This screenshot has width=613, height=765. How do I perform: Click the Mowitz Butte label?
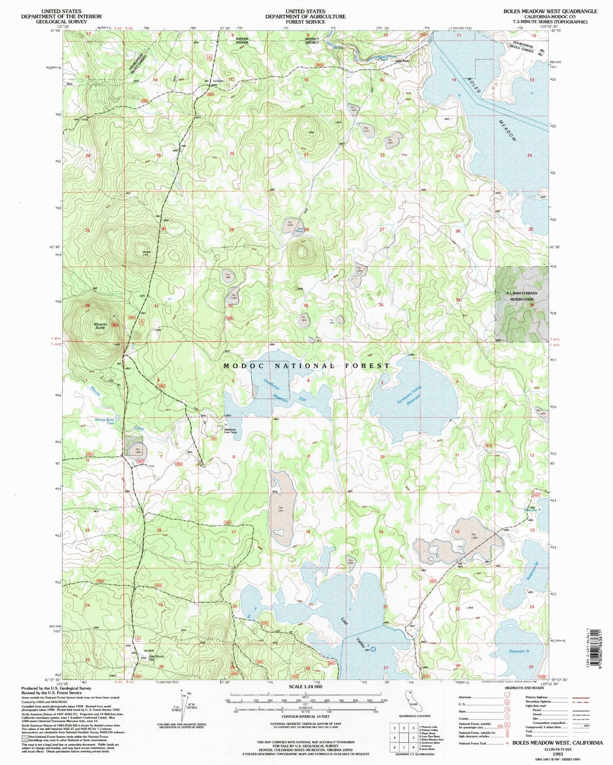(x=100, y=326)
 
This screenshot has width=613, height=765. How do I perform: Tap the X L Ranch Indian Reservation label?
(x=521, y=296)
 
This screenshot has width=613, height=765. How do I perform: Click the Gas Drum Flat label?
(x=155, y=658)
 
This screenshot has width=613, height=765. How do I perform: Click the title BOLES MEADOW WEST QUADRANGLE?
(x=550, y=11)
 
